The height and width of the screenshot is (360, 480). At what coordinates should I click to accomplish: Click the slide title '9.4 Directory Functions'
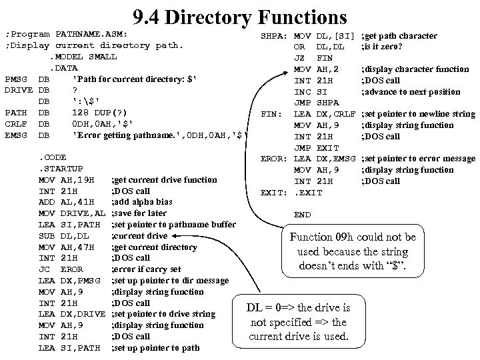pyautogui.click(x=239, y=16)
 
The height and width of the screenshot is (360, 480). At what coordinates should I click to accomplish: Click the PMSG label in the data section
pyautogui.click(x=15, y=79)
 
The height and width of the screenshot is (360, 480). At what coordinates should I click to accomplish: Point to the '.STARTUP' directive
pyautogui.click(x=61, y=169)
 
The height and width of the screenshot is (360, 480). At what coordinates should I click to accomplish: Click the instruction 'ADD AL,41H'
pyautogui.click(x=67, y=202)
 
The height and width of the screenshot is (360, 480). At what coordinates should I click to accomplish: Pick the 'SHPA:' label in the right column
pyautogui.click(x=273, y=35)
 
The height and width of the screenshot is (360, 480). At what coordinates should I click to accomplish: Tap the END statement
pyautogui.click(x=302, y=215)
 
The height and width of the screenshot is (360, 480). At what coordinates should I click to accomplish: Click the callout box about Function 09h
pyautogui.click(x=353, y=252)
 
